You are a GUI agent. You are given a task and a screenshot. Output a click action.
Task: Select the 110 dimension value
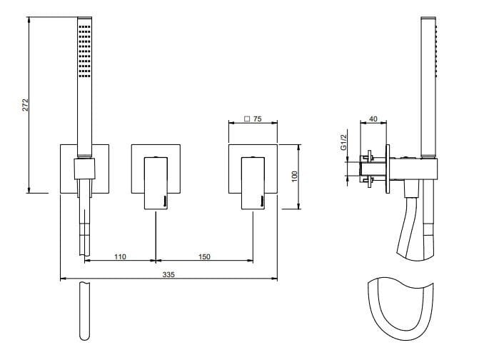[120, 256]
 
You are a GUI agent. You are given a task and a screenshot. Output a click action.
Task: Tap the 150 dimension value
[204, 256]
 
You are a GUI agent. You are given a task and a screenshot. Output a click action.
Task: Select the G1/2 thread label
[343, 142]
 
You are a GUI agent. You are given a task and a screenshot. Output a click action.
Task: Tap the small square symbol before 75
[247, 120]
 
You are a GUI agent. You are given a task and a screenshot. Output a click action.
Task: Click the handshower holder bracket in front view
[84, 170]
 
